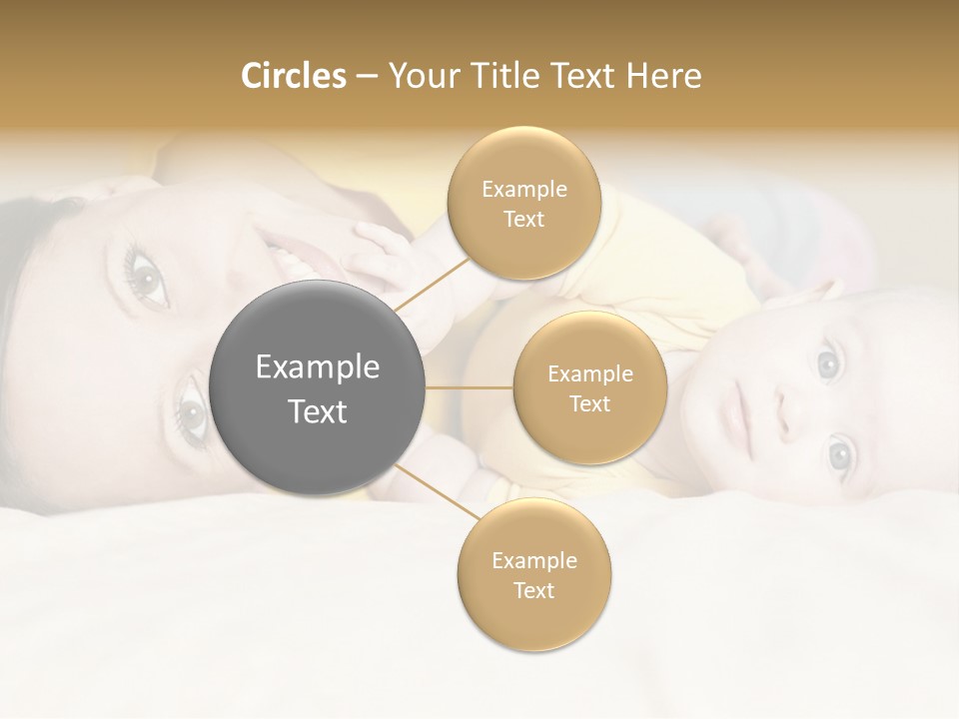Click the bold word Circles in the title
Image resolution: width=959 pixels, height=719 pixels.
293,76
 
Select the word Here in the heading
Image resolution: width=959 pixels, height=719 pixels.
662,76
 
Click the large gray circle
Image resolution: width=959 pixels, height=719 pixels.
318,388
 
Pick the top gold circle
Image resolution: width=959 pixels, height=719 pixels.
523,204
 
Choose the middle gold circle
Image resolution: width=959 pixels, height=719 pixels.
589,388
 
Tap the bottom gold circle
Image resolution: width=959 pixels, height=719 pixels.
533,575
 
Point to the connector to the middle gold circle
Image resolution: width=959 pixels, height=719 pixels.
470,388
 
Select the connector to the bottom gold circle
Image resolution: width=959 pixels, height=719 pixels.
436,491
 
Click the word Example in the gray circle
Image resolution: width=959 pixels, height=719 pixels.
318,367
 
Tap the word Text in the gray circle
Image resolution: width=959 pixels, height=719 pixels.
318,411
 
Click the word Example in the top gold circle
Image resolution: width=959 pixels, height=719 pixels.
523,190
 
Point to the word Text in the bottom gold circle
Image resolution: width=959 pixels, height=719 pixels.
533,590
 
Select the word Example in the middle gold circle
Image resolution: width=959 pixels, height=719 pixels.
589,374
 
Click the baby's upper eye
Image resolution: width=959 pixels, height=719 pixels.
827,363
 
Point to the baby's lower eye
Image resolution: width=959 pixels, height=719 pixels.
839,454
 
